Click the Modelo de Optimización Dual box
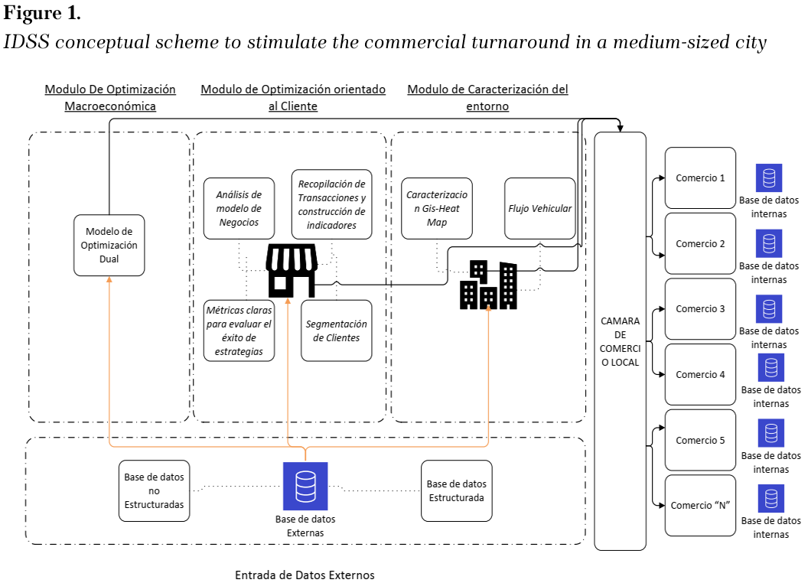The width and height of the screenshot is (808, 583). pyautogui.click(x=109, y=246)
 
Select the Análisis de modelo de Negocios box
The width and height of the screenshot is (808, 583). pyautogui.click(x=239, y=209)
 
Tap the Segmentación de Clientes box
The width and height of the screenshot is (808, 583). pyautogui.click(x=337, y=331)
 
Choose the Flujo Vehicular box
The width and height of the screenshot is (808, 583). pyautogui.click(x=540, y=209)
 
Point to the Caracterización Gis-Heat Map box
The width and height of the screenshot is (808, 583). pyautogui.click(x=437, y=209)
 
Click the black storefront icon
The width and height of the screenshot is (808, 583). pyautogui.click(x=292, y=271)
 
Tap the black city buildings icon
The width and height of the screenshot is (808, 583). pyautogui.click(x=488, y=285)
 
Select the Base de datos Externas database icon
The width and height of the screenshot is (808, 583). pyautogui.click(x=305, y=486)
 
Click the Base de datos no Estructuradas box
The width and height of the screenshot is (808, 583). pyautogui.click(x=154, y=491)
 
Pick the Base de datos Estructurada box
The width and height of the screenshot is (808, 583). pyautogui.click(x=457, y=491)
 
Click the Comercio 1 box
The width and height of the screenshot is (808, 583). pyautogui.click(x=700, y=178)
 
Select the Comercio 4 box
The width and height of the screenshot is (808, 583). pyautogui.click(x=700, y=375)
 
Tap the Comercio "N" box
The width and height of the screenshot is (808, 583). pyautogui.click(x=700, y=506)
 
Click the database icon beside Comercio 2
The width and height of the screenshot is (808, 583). pyautogui.click(x=769, y=244)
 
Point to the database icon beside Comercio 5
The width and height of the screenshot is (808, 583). pyautogui.click(x=771, y=433)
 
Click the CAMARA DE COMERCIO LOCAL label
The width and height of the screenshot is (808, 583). pyautogui.click(x=620, y=341)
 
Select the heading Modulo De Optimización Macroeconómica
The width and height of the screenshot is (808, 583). pyautogui.click(x=110, y=97)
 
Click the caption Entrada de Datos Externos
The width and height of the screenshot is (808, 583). pyautogui.click(x=305, y=575)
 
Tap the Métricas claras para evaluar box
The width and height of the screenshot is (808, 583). pyautogui.click(x=239, y=331)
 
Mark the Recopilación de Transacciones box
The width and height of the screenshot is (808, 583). pyautogui.click(x=332, y=204)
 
